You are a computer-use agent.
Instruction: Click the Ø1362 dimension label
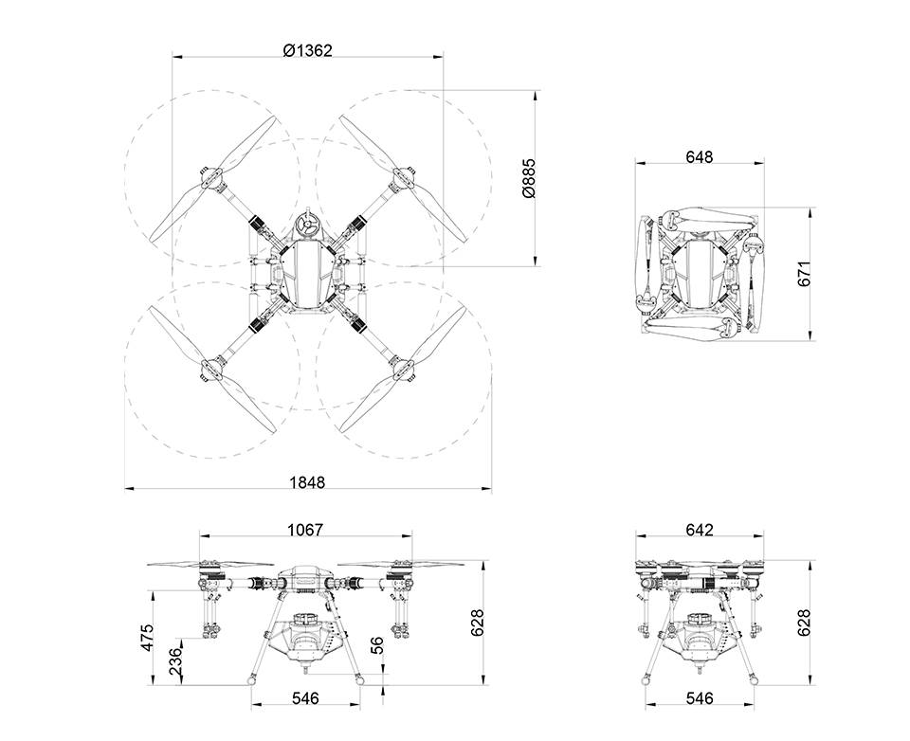(x=307, y=50)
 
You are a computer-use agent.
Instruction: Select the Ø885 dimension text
(x=529, y=178)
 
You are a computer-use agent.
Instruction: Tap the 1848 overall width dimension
(x=307, y=482)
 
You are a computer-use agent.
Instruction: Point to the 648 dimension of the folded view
(x=699, y=156)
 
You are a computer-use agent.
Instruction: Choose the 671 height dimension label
(x=804, y=274)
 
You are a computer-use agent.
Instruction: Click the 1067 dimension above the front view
(x=305, y=530)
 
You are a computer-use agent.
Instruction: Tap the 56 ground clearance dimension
(x=376, y=646)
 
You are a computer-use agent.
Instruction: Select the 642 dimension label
(x=700, y=530)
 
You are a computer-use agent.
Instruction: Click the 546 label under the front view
(x=305, y=698)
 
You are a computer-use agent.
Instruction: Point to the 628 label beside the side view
(x=804, y=623)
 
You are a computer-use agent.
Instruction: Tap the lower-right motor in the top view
(x=404, y=369)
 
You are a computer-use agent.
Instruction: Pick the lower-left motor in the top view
(x=212, y=369)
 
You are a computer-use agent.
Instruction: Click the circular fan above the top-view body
(x=307, y=226)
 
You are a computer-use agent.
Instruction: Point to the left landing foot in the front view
(x=251, y=678)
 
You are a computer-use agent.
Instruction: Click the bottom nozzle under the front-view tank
(x=306, y=669)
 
